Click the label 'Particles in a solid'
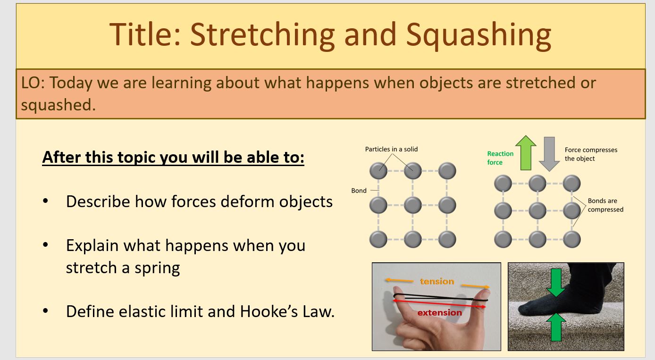pyautogui.click(x=391, y=149)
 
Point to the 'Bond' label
pyautogui.click(x=359, y=191)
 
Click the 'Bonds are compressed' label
pyautogui.click(x=605, y=205)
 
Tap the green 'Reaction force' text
pyautogui.click(x=500, y=158)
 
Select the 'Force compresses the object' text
pyautogui.click(x=591, y=154)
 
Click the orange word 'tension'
pyautogui.click(x=437, y=281)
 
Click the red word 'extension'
pyautogui.click(x=439, y=312)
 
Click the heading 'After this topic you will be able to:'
pyautogui.click(x=173, y=157)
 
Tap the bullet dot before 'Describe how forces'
pyautogui.click(x=45, y=201)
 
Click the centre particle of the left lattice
pyautogui.click(x=412, y=205)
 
